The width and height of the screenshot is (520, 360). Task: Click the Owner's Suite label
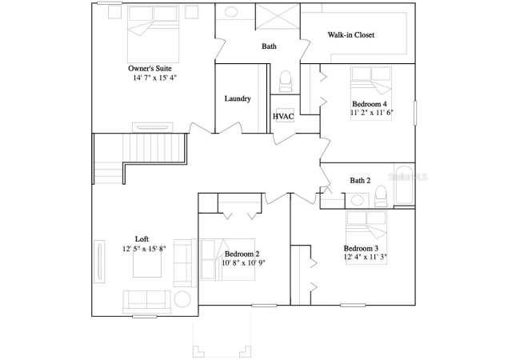(150, 69)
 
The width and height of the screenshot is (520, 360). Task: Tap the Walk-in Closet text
(351, 35)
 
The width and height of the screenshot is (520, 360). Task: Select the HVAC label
(283, 116)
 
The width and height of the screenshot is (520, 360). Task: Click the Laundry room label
(238, 98)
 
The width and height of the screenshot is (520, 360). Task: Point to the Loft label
(142, 239)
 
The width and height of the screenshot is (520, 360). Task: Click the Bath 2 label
(360, 181)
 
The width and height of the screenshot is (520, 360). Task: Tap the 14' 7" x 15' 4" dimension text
(155, 78)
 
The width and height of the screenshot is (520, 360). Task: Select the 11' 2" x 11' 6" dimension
(372, 112)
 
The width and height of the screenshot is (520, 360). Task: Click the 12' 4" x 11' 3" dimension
(366, 257)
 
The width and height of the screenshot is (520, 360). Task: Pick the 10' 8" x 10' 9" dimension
(244, 263)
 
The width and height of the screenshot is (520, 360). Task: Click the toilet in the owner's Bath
(286, 82)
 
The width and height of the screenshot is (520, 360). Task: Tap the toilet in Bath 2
(380, 196)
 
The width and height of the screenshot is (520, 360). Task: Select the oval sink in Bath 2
(357, 200)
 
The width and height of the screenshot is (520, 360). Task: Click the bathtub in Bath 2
(404, 185)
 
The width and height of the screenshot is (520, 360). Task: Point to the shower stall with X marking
(278, 16)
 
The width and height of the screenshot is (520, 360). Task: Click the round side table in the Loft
(182, 299)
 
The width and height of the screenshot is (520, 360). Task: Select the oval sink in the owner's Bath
(231, 12)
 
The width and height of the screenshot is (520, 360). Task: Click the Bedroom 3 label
(361, 248)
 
